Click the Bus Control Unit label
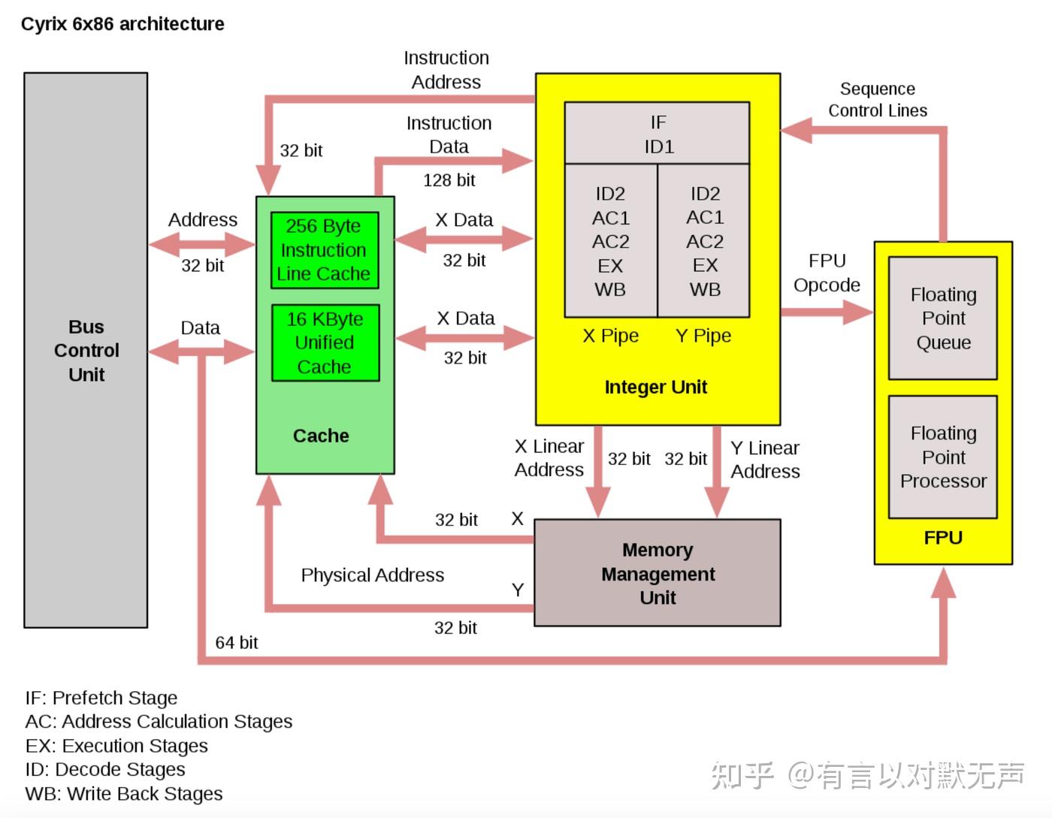(x=86, y=351)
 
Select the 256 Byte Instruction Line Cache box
(x=324, y=250)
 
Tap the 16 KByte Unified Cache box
(x=325, y=343)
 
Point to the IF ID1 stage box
(x=657, y=134)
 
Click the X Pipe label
(x=611, y=336)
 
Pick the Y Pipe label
(x=703, y=336)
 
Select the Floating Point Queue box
(x=943, y=318)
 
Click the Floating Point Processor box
(x=943, y=457)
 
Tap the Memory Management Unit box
(x=657, y=573)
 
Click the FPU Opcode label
(x=827, y=273)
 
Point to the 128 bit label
(x=449, y=180)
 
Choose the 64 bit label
(x=236, y=643)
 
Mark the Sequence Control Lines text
(x=878, y=100)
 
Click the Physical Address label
(x=373, y=575)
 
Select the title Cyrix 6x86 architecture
(x=122, y=24)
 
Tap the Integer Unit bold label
(x=656, y=388)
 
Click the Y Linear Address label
(x=765, y=460)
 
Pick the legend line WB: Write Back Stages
(x=124, y=794)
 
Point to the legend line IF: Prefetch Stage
(x=101, y=698)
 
